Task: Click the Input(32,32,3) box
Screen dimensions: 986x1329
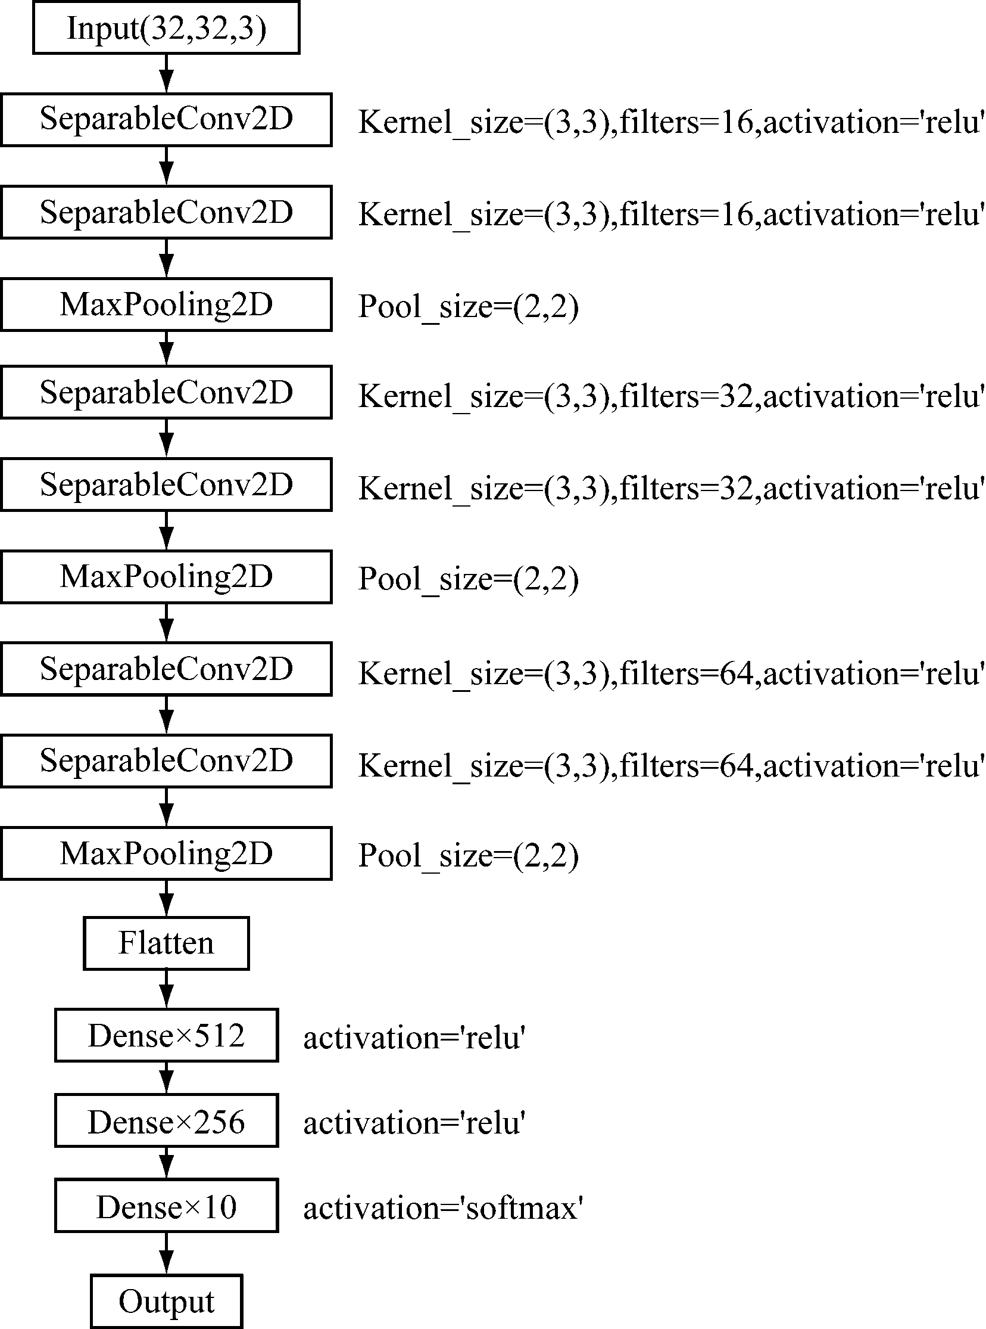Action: click(x=166, y=27)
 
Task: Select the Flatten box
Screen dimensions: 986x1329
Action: click(x=166, y=943)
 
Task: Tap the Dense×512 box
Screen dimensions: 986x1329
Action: click(x=167, y=1035)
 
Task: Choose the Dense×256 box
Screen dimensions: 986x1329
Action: click(x=167, y=1120)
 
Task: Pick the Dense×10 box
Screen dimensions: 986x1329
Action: click(x=167, y=1206)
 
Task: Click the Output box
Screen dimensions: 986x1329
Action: click(x=167, y=1302)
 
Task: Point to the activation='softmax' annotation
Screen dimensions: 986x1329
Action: click(x=443, y=1208)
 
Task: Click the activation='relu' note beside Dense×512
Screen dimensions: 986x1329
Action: click(x=414, y=1038)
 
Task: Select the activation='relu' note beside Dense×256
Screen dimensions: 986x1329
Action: click(x=414, y=1123)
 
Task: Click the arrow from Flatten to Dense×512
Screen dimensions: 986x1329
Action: click(x=167, y=989)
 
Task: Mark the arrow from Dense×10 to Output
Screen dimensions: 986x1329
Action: click(x=167, y=1253)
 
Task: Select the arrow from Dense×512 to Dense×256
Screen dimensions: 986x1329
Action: click(x=167, y=1078)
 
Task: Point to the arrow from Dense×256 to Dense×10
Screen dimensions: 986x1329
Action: click(x=167, y=1163)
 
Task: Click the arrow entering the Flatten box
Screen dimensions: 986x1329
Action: click(x=167, y=898)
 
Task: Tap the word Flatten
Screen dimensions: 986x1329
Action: click(x=166, y=943)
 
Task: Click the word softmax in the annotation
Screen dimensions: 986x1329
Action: click(x=521, y=1208)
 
